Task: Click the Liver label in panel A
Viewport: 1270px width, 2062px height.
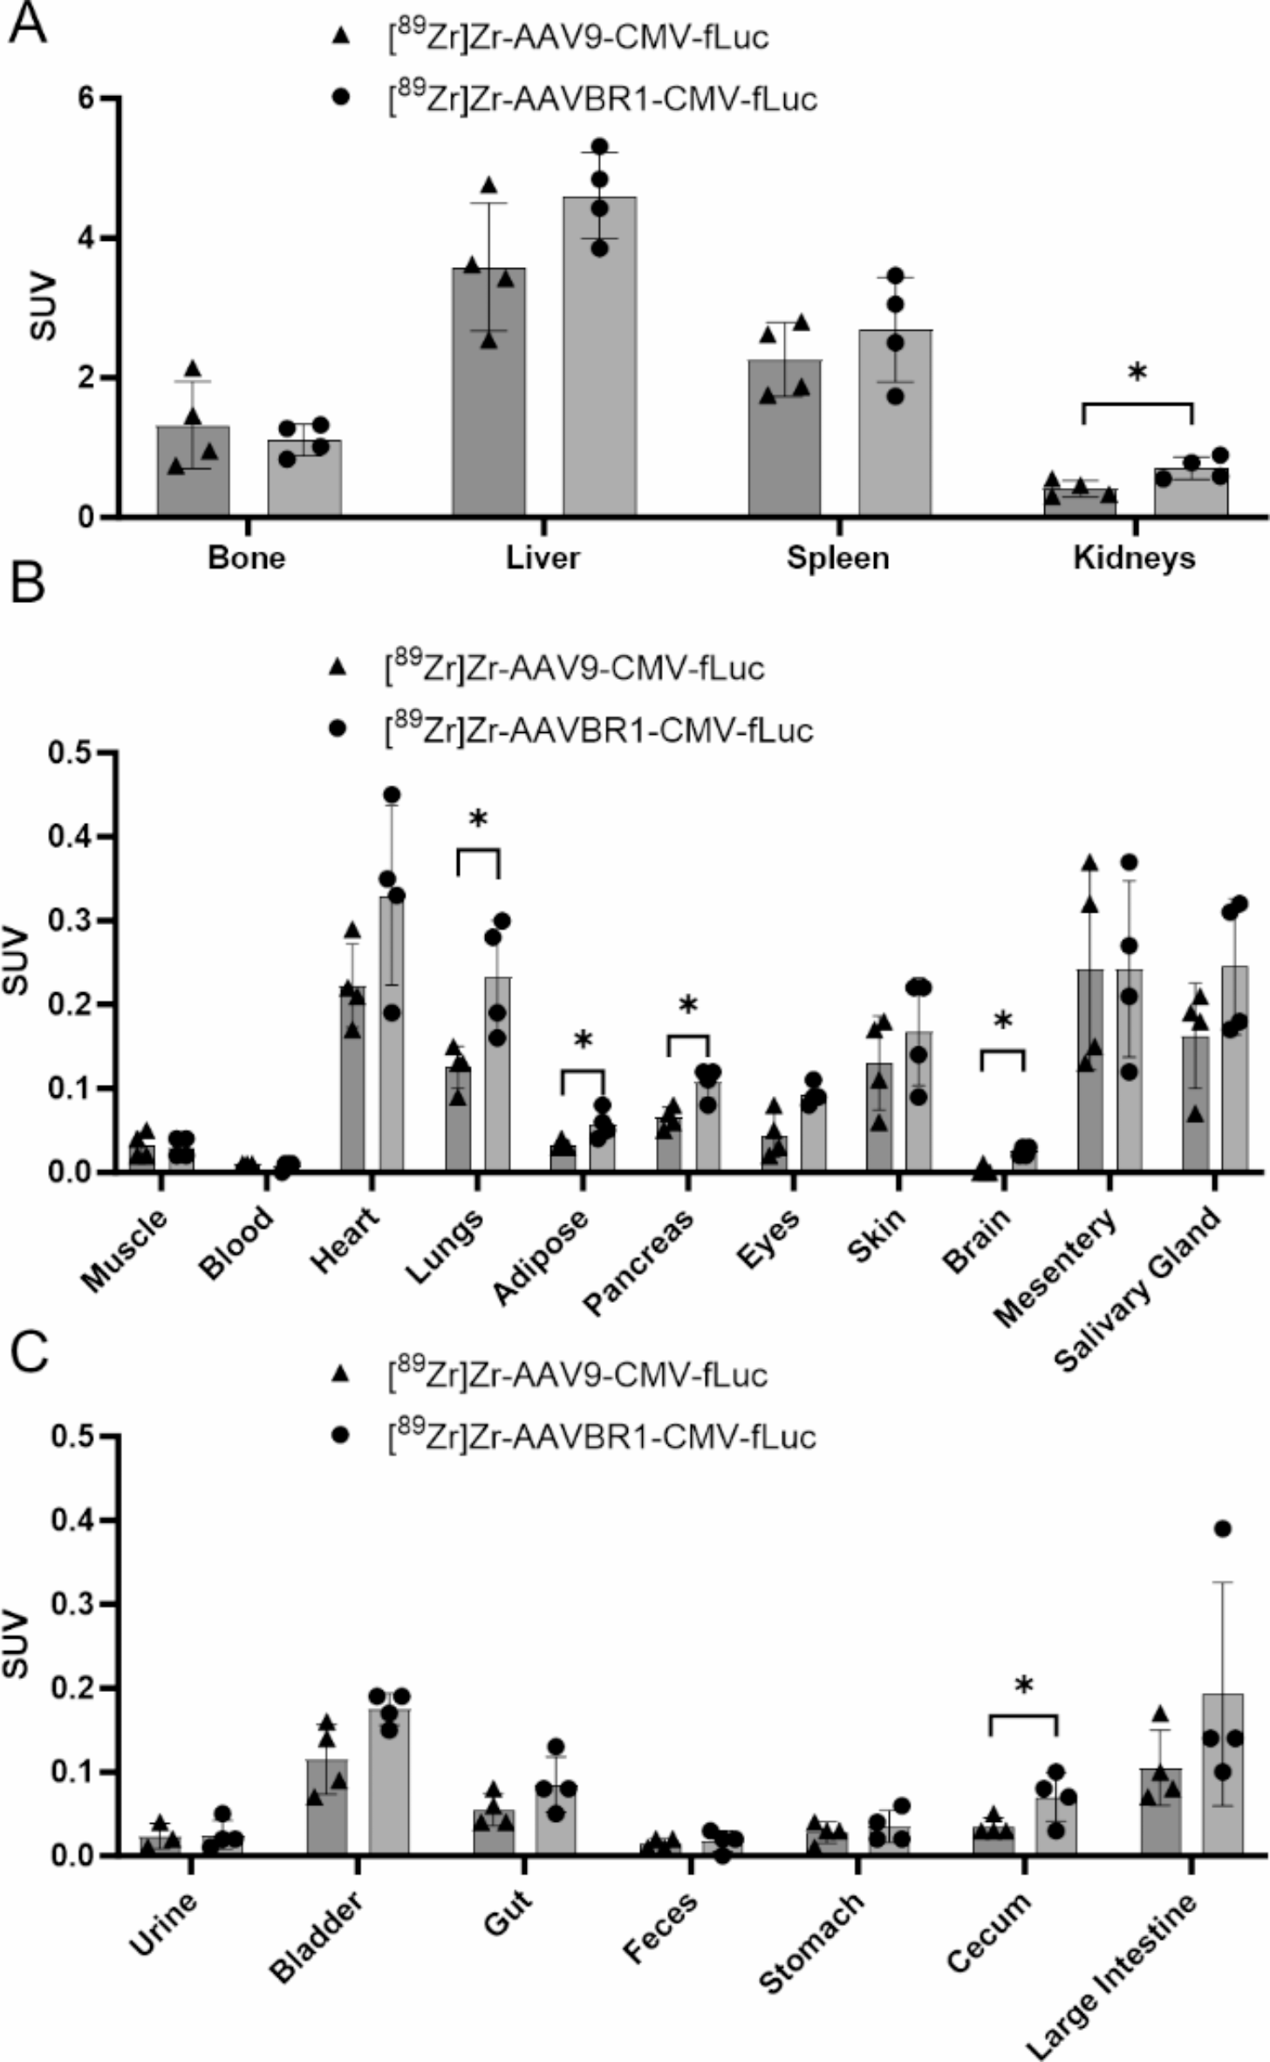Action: click(x=543, y=558)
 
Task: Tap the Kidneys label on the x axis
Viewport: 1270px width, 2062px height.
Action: click(x=1134, y=558)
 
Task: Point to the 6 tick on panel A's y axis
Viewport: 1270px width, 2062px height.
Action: click(x=86, y=99)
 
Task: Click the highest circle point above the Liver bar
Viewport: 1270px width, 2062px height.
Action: click(x=599, y=146)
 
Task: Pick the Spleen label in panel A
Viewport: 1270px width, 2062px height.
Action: click(x=838, y=558)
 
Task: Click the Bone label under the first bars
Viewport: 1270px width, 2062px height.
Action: click(x=247, y=558)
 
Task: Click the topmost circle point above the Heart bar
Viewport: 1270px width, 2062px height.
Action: click(x=392, y=795)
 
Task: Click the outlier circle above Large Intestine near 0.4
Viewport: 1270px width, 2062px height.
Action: click(x=1222, y=1528)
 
